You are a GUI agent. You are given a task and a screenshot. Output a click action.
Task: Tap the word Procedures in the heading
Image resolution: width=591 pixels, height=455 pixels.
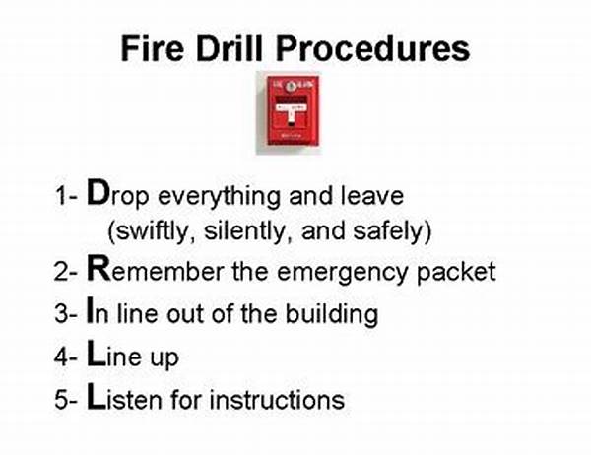[x=372, y=48]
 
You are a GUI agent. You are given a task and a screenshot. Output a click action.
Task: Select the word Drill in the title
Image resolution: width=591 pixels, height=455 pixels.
[x=230, y=48]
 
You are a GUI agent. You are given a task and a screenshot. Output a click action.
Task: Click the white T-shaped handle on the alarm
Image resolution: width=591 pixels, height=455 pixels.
[x=291, y=112]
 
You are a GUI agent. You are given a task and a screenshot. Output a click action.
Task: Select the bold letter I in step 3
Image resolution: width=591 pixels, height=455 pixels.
[x=90, y=310]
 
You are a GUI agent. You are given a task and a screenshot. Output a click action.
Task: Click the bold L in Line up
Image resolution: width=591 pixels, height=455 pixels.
[x=97, y=353]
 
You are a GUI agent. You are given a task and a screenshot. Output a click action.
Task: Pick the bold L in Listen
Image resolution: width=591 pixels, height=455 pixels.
[x=97, y=396]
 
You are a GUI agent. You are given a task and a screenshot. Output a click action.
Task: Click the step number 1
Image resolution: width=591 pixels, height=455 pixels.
[x=61, y=196]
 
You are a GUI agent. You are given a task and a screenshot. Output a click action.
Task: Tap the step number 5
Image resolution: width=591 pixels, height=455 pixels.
[x=61, y=400]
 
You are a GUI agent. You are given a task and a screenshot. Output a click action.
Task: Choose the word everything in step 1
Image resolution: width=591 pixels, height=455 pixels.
[x=219, y=197]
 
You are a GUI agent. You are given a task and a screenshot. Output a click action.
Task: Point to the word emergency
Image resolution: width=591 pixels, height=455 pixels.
[x=343, y=273]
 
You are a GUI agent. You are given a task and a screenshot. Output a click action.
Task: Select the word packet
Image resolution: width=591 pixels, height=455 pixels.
[x=456, y=272]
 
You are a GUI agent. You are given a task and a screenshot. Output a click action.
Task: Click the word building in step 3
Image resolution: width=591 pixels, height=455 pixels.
[x=332, y=313]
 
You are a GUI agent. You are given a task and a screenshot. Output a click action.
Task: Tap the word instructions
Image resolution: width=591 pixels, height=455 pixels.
[x=277, y=399]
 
